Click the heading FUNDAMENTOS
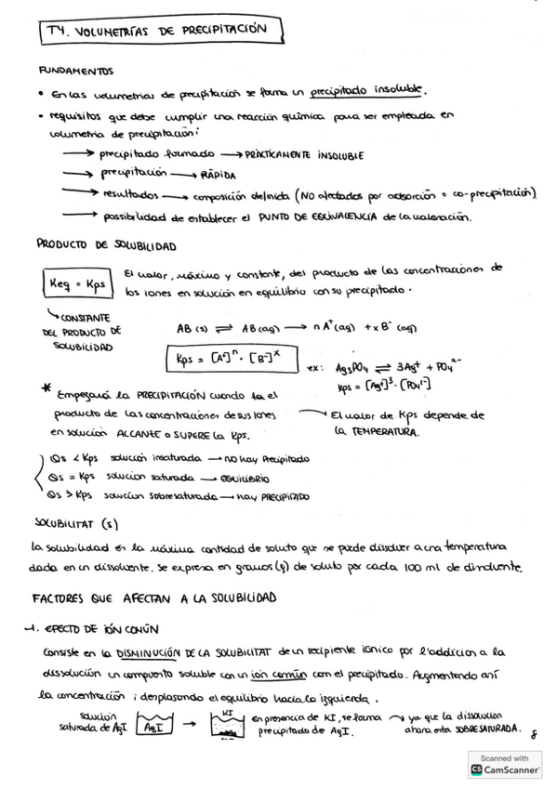tap(75, 70)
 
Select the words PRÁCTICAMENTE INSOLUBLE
tap(306, 154)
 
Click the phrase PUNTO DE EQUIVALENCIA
tap(331, 217)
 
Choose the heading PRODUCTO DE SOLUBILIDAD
tap(106, 244)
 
